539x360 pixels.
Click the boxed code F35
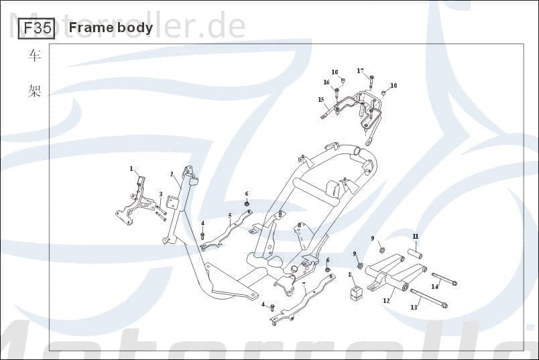coord(36,28)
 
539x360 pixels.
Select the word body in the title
coord(133,28)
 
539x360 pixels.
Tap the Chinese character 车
coord(35,56)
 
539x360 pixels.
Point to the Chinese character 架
coord(35,91)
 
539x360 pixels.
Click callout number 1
coord(131,168)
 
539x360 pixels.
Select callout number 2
coord(172,174)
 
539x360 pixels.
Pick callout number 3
coord(161,194)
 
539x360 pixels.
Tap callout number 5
coord(230,216)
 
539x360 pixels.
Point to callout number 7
coord(304,285)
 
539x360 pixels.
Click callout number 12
coord(386,301)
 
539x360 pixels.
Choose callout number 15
coord(321,99)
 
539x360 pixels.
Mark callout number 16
coord(326,82)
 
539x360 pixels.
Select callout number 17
coord(360,70)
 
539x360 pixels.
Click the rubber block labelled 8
coord(356,292)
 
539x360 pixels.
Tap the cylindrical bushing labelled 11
coord(414,254)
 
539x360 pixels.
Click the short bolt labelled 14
coord(444,279)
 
